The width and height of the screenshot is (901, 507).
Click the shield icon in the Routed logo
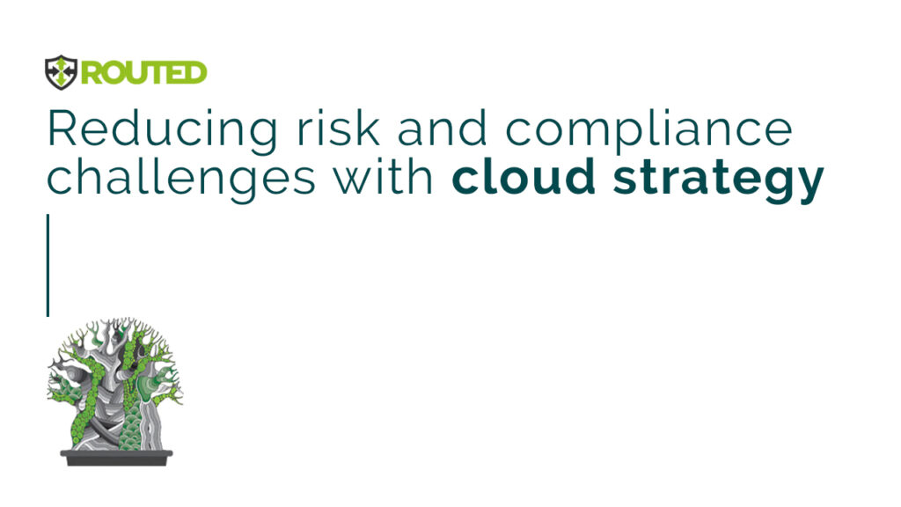click(61, 72)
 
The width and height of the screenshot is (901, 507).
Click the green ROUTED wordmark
click(143, 73)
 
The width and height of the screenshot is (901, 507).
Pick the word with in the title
click(385, 175)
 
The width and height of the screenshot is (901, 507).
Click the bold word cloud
click(524, 175)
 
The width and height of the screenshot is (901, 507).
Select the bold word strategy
click(718, 180)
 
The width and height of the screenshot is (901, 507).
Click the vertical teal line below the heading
click(48, 265)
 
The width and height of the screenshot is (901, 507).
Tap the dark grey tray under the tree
click(117, 458)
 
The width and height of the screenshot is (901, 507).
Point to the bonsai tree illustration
click(115, 391)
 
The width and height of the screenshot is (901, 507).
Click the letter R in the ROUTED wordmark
click(92, 73)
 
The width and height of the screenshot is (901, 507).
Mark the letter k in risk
click(368, 127)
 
